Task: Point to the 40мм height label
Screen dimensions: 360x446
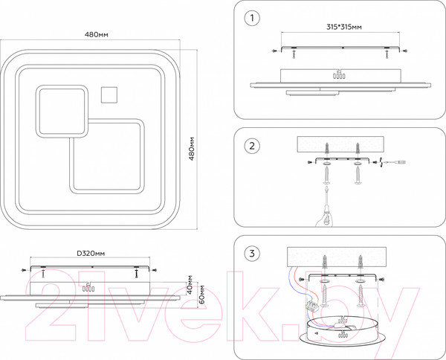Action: [x=191, y=286]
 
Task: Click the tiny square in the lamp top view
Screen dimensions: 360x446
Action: [x=109, y=94]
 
